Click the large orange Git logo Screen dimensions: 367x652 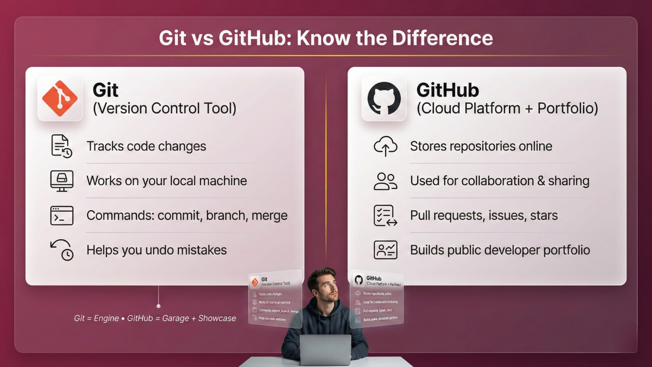point(60,99)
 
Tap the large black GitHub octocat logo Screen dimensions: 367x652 point(384,99)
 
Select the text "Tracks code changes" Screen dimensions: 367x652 point(146,146)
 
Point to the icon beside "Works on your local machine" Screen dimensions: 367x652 point(62,181)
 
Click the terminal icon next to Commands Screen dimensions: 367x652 point(62,215)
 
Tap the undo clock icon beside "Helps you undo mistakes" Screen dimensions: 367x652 point(62,250)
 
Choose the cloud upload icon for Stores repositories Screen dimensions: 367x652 point(385,146)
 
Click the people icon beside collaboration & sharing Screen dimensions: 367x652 point(385,181)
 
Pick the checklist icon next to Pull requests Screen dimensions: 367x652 point(385,215)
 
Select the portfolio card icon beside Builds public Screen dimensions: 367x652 point(385,250)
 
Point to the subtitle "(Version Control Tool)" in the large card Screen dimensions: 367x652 point(164,108)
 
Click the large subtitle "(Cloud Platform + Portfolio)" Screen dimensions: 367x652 point(507,108)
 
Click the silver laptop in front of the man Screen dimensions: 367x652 point(326,349)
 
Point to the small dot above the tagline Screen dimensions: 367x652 point(158,306)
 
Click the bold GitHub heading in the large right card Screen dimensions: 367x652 point(447,90)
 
